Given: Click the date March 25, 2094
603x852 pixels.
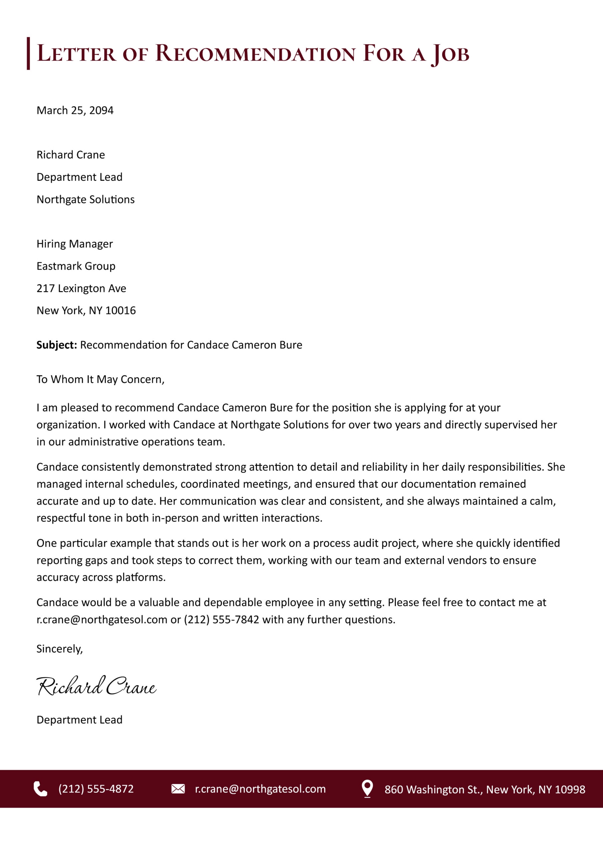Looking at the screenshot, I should click(x=75, y=110).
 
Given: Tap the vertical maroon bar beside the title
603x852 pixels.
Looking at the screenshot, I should click(x=28, y=54).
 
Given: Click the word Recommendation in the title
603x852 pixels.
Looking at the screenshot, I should click(x=255, y=54).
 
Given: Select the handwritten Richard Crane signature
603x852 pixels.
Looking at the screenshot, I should click(x=96, y=686).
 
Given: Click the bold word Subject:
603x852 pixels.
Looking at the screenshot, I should click(x=57, y=345).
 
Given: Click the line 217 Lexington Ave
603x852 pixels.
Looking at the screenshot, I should click(x=81, y=288).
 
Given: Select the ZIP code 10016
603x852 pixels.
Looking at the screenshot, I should click(x=120, y=311).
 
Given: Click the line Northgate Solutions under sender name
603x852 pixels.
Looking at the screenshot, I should click(x=86, y=199).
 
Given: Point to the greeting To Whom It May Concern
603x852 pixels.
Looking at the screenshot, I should click(x=100, y=379).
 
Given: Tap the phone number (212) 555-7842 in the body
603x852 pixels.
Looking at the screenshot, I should click(x=222, y=620).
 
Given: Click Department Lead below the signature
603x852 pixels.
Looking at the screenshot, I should click(x=79, y=720).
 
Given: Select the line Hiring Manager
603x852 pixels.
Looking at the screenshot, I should click(x=74, y=244).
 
